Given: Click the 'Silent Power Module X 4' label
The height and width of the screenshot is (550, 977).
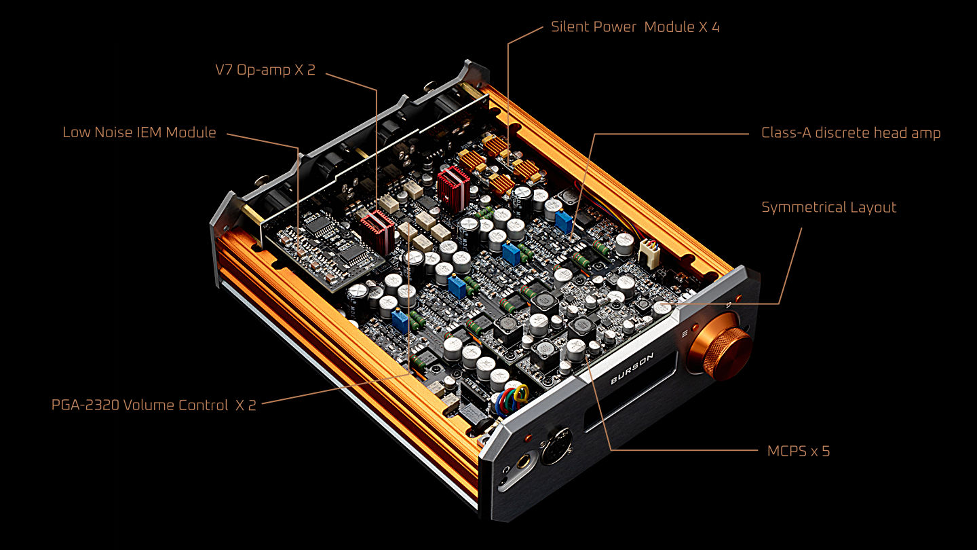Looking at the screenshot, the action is [635, 27].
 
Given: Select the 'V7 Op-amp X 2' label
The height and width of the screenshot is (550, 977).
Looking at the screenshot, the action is [265, 70].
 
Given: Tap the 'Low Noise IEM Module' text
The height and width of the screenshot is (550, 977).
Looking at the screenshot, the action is [139, 132].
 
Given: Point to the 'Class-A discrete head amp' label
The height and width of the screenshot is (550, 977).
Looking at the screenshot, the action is [851, 132].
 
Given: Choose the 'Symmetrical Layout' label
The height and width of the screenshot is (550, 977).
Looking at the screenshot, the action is [828, 207].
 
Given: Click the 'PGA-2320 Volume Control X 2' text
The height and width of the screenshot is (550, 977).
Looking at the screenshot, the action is [153, 405].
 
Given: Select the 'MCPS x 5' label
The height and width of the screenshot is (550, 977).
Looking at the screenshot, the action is [798, 451].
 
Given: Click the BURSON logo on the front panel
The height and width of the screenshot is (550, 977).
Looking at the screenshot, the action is [632, 369].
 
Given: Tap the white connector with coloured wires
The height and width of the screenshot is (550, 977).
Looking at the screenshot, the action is [649, 253].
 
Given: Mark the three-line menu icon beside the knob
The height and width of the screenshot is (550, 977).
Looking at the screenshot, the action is [685, 333].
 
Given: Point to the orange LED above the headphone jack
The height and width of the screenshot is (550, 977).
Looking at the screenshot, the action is [528, 437].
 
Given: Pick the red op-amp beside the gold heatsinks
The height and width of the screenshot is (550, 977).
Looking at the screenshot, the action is [454, 187].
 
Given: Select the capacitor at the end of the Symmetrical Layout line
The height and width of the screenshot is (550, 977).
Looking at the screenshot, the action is [662, 308].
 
